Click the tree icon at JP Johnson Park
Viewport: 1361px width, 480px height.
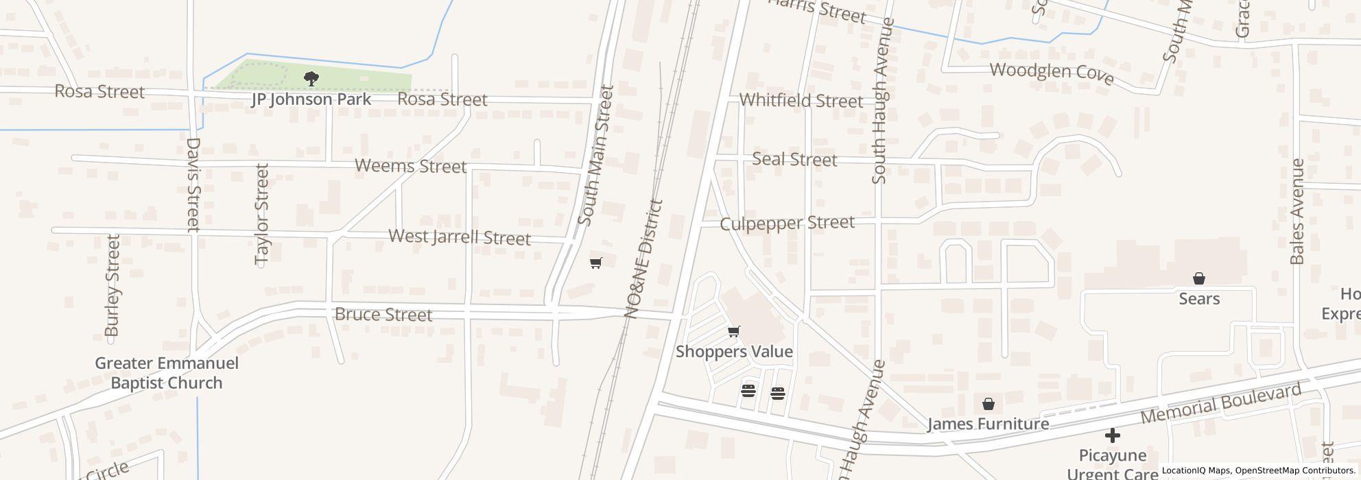(x=311, y=78)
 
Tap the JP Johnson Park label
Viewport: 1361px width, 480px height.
(x=311, y=99)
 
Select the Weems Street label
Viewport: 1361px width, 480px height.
(x=410, y=166)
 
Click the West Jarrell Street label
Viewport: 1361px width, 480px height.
(x=460, y=237)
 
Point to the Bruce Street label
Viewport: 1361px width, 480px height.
(x=383, y=315)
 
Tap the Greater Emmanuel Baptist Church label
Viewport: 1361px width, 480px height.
(x=167, y=373)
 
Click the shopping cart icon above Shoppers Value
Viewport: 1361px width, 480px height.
(x=734, y=332)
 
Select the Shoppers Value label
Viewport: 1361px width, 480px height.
(x=734, y=352)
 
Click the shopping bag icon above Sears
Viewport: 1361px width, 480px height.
(x=1199, y=278)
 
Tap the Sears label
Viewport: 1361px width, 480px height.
(x=1199, y=299)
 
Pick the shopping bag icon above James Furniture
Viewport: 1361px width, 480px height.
(x=989, y=404)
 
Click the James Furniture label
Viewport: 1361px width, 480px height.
(x=989, y=424)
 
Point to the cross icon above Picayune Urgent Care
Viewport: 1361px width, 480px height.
(x=1113, y=435)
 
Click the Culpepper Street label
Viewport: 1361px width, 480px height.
(x=787, y=224)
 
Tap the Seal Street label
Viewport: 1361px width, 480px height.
(x=794, y=160)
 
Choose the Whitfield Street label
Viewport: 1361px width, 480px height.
(x=801, y=101)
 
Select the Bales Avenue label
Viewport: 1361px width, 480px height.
(x=1297, y=211)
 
